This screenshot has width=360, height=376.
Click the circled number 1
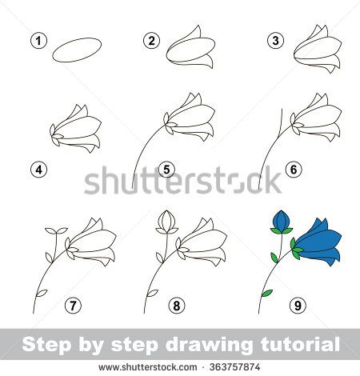point(35,40)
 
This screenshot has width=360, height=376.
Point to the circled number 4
point(35,169)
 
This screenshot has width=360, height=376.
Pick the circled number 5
point(166,169)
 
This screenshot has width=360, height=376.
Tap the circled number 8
point(175,304)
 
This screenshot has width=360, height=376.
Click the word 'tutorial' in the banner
point(302,346)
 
